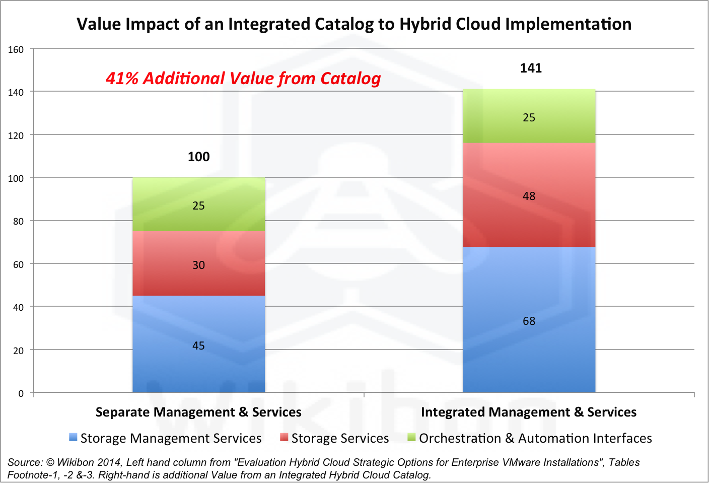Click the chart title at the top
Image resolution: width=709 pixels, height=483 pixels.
click(x=354, y=24)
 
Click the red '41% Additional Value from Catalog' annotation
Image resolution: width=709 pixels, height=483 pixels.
click(x=243, y=79)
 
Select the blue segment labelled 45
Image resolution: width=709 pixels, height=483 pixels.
click(x=198, y=344)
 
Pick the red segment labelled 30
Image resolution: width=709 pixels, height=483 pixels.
click(x=198, y=263)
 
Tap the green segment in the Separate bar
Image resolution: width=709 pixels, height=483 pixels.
click(x=198, y=204)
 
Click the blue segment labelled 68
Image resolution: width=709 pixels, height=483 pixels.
click(x=529, y=319)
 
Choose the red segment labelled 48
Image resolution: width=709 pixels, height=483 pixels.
click(x=529, y=195)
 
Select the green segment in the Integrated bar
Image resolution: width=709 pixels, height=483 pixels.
click(x=529, y=116)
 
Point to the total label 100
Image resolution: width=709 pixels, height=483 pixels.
click(x=198, y=157)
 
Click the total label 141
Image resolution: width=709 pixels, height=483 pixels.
click(x=531, y=68)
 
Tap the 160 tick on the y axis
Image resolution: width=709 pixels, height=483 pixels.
click(x=16, y=49)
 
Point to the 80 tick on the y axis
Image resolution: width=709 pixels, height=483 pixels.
click(x=18, y=221)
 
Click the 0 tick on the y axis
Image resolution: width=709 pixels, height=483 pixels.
click(x=21, y=393)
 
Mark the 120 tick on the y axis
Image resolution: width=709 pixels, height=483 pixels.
click(x=16, y=135)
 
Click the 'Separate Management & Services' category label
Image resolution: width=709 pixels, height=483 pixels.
click(x=198, y=412)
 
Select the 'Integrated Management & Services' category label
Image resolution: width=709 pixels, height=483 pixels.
click(x=529, y=412)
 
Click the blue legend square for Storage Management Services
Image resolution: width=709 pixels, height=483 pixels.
click(x=74, y=437)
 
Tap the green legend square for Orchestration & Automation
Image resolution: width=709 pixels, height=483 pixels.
click(x=412, y=437)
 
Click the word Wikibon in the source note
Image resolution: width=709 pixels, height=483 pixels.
click(x=76, y=462)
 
